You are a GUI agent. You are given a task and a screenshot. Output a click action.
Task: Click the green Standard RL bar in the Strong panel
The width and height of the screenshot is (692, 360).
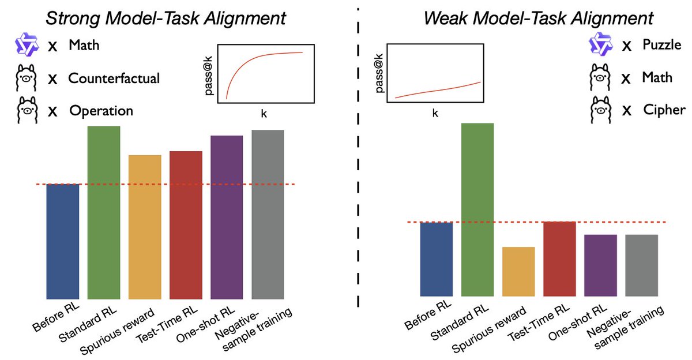[104, 212]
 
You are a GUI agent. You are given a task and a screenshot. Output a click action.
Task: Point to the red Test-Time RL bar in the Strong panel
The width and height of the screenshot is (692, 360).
[186, 225]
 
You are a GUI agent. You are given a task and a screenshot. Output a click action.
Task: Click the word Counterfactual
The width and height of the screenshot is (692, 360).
[114, 78]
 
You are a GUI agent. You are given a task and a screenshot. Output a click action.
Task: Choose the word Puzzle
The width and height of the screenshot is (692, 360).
[662, 44]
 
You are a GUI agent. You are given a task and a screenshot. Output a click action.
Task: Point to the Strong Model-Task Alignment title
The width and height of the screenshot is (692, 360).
[166, 18]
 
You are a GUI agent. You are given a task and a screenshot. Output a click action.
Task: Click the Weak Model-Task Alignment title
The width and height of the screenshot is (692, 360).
[538, 18]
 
